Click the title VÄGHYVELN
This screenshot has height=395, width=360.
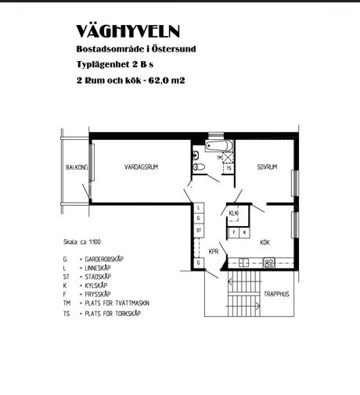128,31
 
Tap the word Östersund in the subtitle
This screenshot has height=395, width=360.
174,48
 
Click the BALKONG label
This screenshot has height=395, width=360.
77,167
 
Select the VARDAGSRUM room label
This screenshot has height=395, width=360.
141,167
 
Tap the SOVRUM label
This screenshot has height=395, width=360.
267,167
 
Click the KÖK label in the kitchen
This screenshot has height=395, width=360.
265,242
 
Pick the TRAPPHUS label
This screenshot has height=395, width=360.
276,294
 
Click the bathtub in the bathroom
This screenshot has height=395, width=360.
218,146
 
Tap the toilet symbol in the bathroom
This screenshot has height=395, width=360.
199,167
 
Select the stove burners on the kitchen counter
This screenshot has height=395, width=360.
269,263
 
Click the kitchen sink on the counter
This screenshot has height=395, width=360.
244,262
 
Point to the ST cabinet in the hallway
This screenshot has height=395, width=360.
199,231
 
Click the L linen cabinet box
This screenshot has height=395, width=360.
199,208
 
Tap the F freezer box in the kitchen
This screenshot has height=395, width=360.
234,232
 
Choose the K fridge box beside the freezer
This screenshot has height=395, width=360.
244,232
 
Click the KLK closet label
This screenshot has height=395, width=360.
234,213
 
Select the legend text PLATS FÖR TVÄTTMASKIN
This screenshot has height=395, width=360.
117,303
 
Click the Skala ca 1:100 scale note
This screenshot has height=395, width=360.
82,242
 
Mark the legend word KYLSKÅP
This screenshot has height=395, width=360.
96,285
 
